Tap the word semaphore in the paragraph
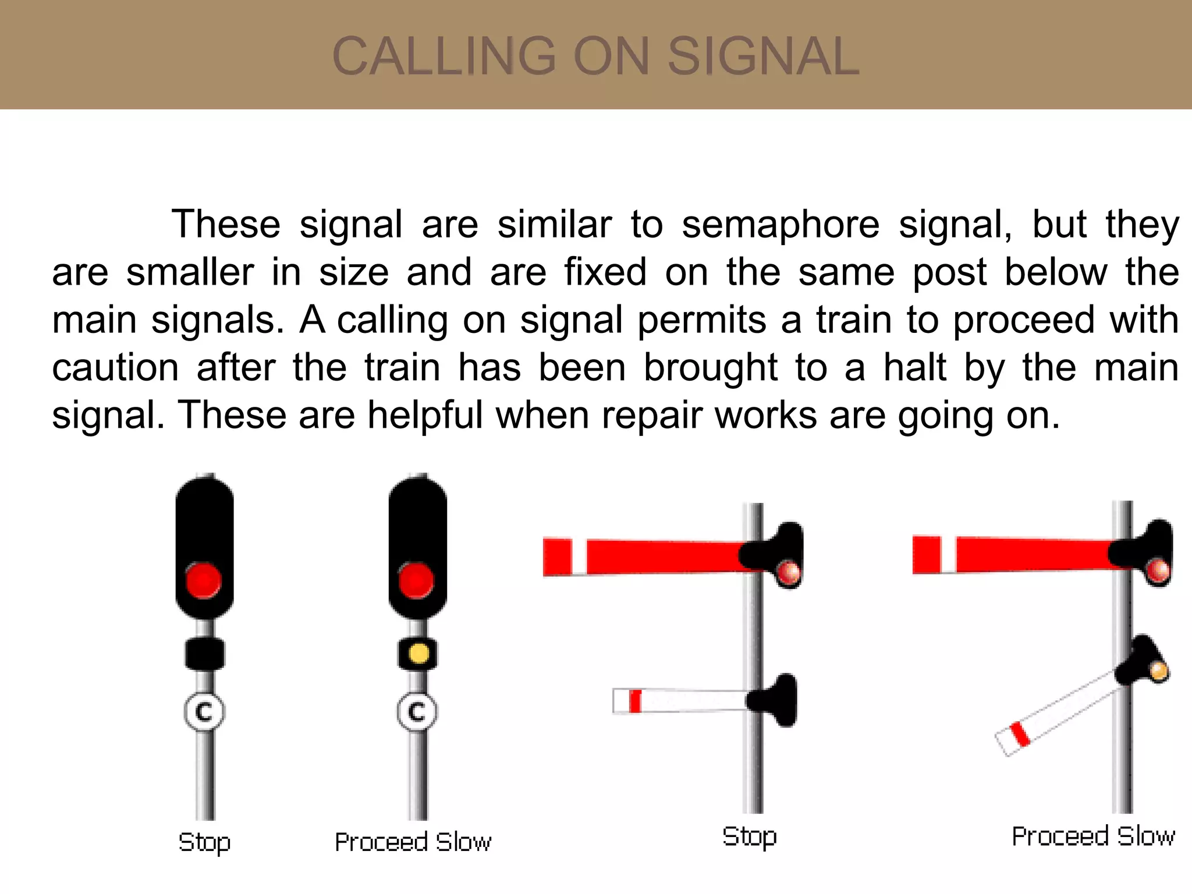[781, 225]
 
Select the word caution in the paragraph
[115, 368]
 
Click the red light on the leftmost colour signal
[204, 580]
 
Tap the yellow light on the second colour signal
[418, 653]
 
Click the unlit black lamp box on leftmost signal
[204, 654]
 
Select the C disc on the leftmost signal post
[204, 711]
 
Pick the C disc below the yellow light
[417, 711]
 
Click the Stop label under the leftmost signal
[204, 842]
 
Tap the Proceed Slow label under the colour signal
[413, 842]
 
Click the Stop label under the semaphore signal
[749, 836]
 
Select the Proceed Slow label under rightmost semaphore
[1093, 836]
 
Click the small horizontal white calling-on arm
[681, 700]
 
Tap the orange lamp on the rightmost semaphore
[1158, 672]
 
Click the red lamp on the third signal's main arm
[789, 572]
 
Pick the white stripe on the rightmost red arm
[948, 555]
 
